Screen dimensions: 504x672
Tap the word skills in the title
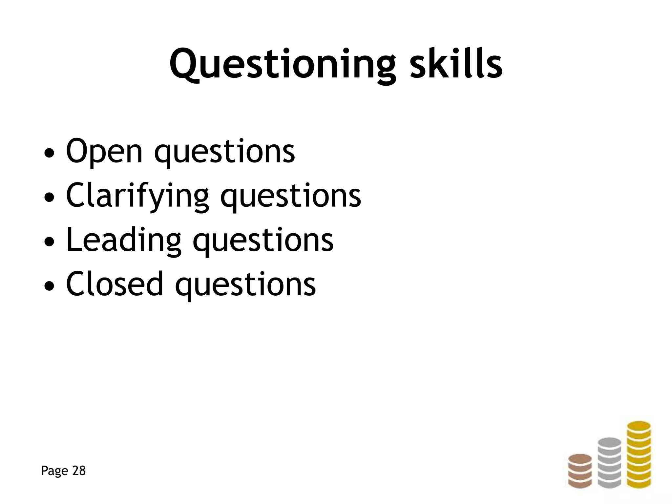coord(456,64)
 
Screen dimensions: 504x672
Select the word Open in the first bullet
coord(104,151)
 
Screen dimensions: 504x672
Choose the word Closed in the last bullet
coord(114,284)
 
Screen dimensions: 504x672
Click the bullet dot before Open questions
coord(49,153)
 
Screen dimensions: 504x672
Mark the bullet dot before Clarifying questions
coord(49,198)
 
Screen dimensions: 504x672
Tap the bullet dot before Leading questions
coord(49,242)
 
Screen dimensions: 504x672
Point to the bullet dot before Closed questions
coord(49,286)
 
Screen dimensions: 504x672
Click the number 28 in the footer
coord(79,471)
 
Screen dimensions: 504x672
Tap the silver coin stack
coord(609,463)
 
